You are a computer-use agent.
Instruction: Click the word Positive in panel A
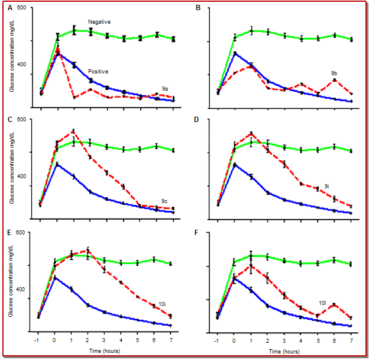point(98,72)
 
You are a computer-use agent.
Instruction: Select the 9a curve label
point(165,87)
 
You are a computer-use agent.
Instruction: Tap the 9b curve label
point(335,75)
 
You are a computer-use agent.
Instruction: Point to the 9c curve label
point(165,201)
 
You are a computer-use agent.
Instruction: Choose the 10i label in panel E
point(161,304)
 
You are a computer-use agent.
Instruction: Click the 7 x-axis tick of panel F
point(351,342)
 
